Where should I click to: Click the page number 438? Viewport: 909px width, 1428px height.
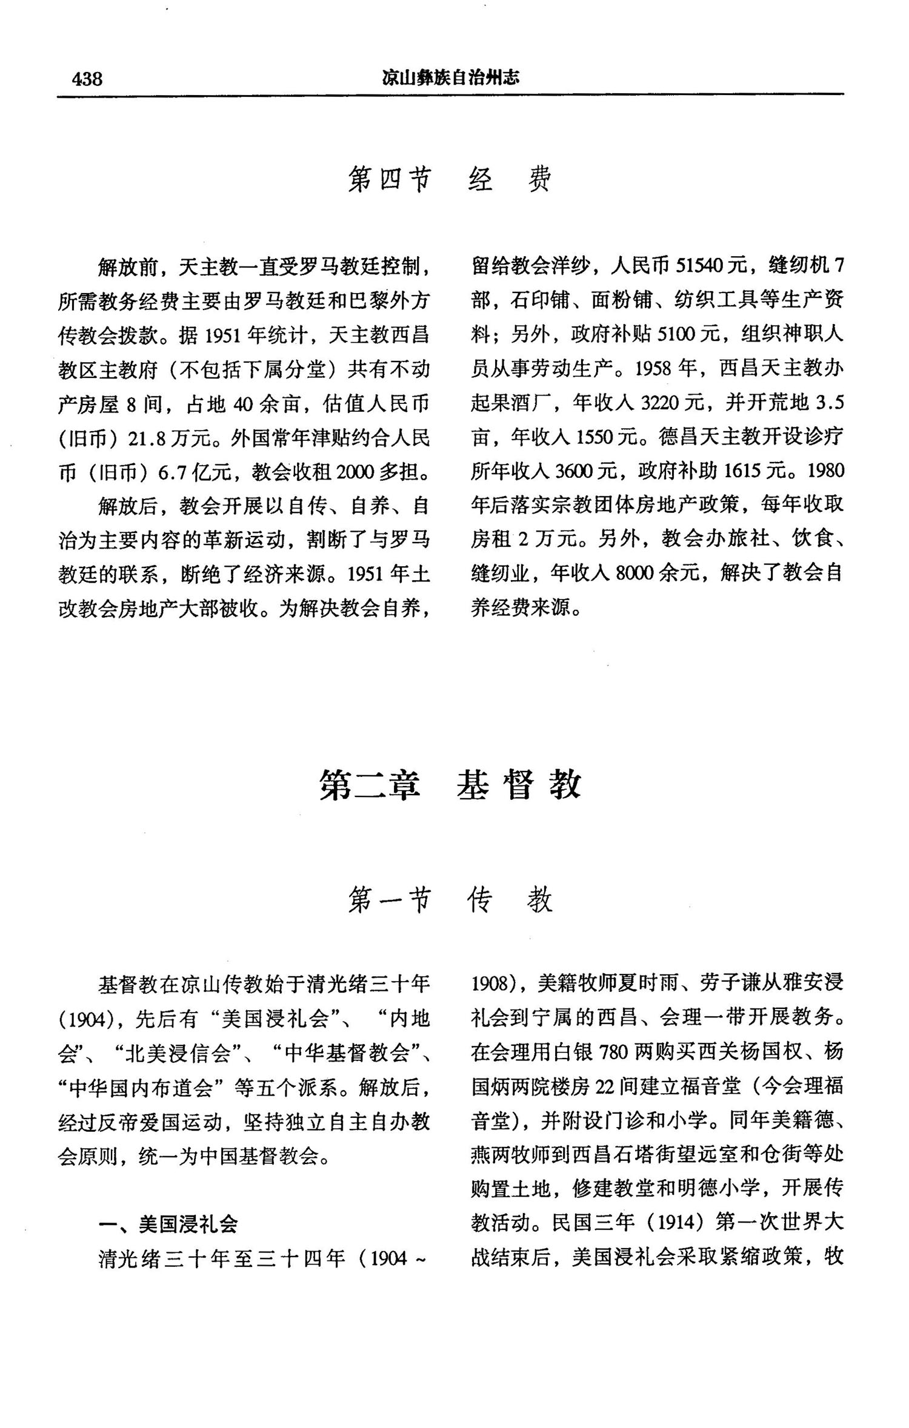(x=87, y=79)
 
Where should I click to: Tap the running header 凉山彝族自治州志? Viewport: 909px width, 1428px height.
(x=450, y=78)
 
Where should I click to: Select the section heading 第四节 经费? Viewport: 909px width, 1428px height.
(x=450, y=180)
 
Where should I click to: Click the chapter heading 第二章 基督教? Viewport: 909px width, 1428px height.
(x=450, y=784)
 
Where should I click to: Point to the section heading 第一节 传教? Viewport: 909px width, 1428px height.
(x=450, y=900)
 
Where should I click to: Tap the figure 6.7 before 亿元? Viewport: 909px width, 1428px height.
(x=171, y=472)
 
